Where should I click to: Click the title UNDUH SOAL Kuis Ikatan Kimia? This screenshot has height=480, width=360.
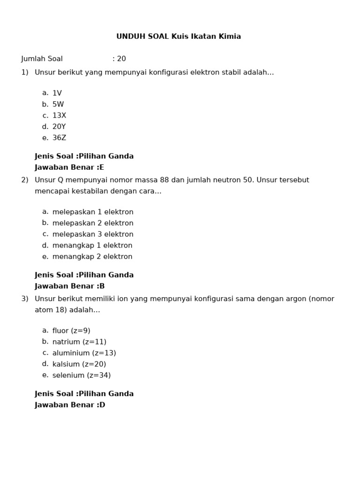[x=179, y=37]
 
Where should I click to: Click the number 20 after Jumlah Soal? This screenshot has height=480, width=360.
[x=121, y=59]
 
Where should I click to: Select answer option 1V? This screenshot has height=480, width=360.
[x=57, y=93]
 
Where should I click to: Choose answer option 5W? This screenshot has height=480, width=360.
[x=58, y=105]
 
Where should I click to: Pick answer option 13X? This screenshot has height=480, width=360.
[x=59, y=116]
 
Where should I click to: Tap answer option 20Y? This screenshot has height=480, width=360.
[x=59, y=127]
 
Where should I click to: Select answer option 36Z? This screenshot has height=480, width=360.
[x=59, y=138]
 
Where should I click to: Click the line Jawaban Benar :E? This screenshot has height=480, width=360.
[x=69, y=167]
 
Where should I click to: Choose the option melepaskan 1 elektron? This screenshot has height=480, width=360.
[x=93, y=212]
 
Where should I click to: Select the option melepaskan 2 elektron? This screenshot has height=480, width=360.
[x=93, y=223]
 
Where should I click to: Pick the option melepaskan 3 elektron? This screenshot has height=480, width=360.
[x=93, y=234]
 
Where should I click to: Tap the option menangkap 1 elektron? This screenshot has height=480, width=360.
[x=92, y=246]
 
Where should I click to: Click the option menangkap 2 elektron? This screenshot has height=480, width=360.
[x=92, y=257]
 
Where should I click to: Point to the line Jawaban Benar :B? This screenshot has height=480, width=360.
[x=69, y=286]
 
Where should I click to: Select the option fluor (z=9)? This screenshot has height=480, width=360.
[x=71, y=331]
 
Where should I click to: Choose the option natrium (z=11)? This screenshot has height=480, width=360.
[x=79, y=342]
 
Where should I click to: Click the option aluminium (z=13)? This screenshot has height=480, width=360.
[x=84, y=353]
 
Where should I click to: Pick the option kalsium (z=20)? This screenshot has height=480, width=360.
[x=79, y=364]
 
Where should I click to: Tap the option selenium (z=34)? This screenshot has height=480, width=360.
[x=82, y=375]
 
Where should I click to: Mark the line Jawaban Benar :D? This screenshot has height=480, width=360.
[x=70, y=405]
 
